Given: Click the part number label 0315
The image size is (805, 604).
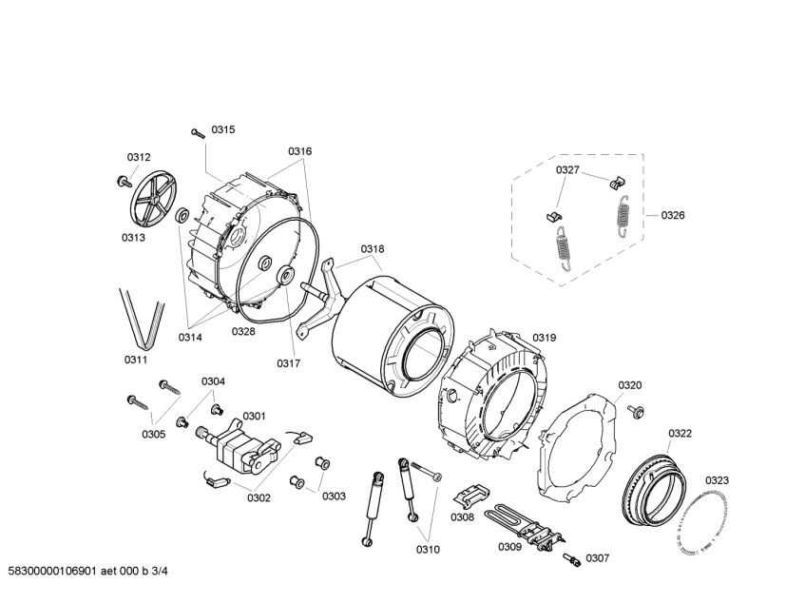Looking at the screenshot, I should [x=222, y=129].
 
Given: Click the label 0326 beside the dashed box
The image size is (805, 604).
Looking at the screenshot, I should [x=672, y=215].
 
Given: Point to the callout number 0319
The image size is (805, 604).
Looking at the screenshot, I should [x=545, y=337].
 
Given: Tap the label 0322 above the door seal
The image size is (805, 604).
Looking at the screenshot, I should [x=680, y=433].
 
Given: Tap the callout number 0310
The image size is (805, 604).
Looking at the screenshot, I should [x=428, y=549].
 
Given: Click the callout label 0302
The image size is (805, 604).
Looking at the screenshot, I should [x=259, y=497].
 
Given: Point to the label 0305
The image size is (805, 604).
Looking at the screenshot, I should [x=154, y=434].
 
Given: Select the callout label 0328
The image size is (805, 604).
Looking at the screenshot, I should [x=243, y=331].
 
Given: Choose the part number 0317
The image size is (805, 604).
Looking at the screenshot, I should [x=289, y=362].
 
